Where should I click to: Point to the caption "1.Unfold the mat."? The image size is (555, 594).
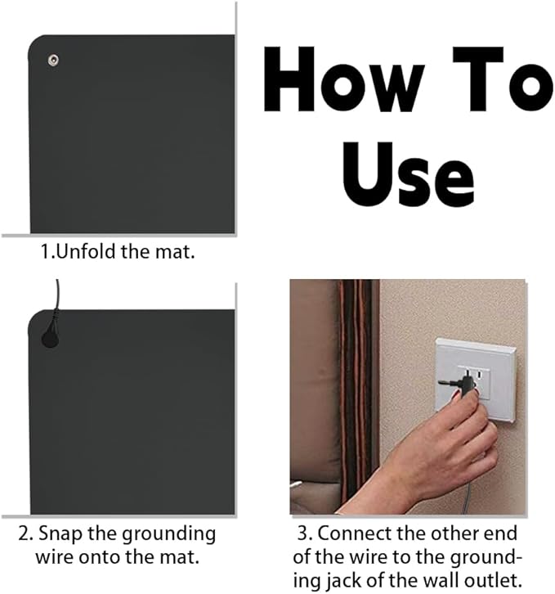(118, 251)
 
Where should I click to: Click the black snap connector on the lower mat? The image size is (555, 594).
(50, 336)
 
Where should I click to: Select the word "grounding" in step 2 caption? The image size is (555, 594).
(168, 535)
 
